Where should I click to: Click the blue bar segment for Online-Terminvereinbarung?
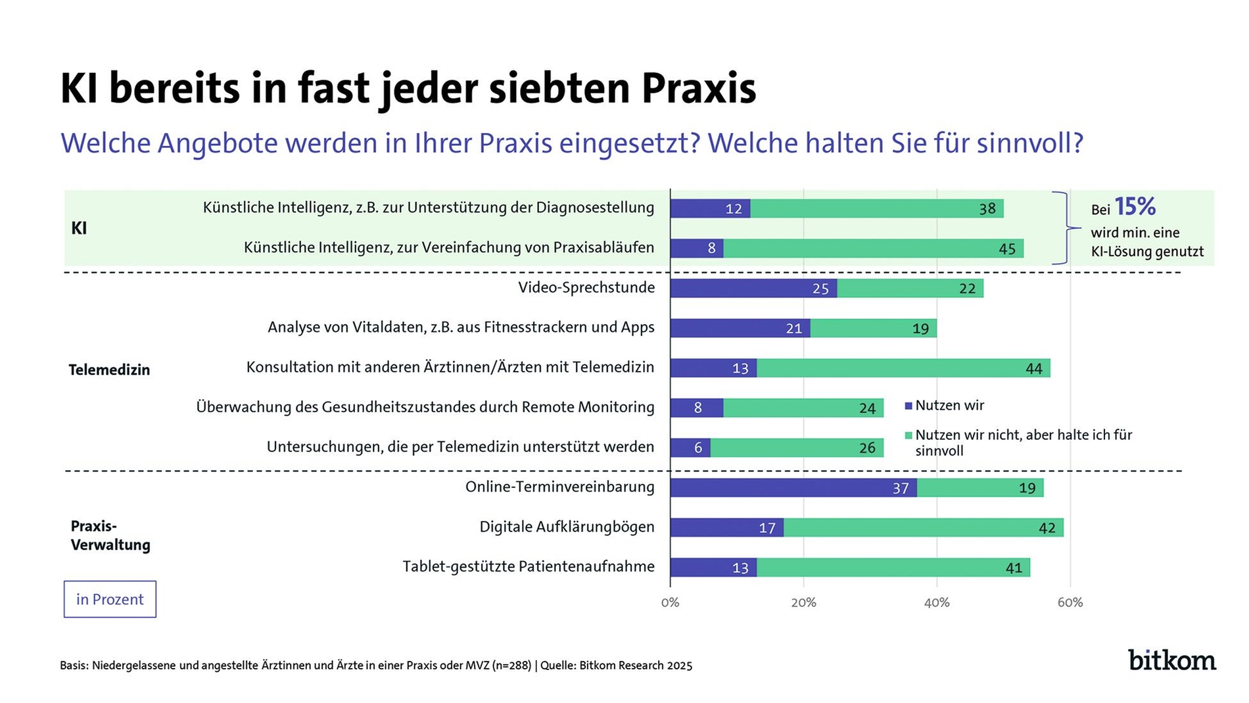[x=793, y=488]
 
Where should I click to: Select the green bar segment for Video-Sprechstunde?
[x=910, y=288]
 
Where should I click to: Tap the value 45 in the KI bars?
[x=1006, y=249]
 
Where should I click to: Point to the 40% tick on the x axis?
[x=937, y=602]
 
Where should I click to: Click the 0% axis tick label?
[x=670, y=602]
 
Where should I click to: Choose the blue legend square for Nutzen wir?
[x=908, y=406]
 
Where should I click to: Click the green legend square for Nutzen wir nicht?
[x=908, y=435]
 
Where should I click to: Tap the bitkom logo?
[x=1171, y=660]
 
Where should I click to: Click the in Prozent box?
[x=110, y=599]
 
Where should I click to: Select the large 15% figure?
[x=1135, y=206]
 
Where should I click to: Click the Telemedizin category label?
[x=109, y=370]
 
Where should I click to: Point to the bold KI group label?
[x=79, y=228]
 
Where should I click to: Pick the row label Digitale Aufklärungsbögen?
[x=567, y=527]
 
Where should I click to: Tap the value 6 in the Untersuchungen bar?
[x=697, y=448]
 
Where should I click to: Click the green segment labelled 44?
[x=903, y=368]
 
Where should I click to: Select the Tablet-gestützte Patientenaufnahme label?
[x=529, y=566]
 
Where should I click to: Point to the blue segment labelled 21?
[x=740, y=328]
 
